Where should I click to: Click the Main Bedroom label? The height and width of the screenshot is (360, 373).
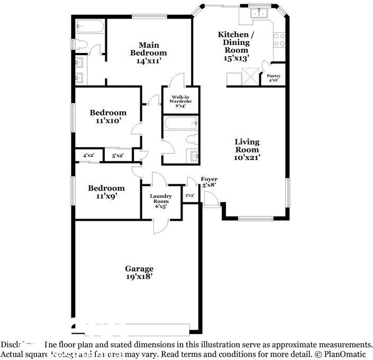click(149, 53)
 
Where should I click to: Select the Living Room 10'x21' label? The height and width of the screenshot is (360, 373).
click(247, 149)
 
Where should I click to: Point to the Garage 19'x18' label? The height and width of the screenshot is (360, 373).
click(139, 272)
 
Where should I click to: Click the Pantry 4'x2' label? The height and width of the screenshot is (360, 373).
click(274, 78)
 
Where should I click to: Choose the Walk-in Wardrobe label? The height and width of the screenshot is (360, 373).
click(181, 101)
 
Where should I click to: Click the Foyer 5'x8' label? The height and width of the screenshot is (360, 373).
click(209, 182)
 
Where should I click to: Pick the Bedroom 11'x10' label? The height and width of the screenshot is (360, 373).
click(108, 116)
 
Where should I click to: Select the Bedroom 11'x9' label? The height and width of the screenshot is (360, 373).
click(106, 192)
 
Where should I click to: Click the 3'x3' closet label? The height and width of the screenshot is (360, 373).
click(189, 195)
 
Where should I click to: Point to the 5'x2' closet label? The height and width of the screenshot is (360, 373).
click(117, 155)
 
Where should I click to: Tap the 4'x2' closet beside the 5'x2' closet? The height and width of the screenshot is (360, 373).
click(88, 155)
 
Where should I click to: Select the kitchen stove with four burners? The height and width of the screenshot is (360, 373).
click(279, 39)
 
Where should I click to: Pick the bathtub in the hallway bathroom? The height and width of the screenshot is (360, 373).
click(180, 123)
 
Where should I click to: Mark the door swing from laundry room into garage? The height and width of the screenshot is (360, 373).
click(159, 226)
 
